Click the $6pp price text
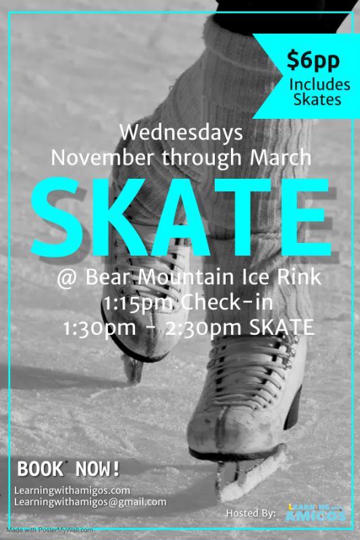coord(313,60)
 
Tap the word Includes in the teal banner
coord(319,85)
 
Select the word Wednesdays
coord(181,133)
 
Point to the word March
coord(280,157)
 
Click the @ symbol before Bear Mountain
coord(67,278)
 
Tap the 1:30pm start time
coord(99,327)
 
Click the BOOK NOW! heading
coord(68,468)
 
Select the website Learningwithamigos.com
coord(72,491)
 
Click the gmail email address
coord(91,502)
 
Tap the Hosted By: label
coord(251,513)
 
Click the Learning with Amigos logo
coord(316,513)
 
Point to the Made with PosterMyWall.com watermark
coord(49,530)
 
